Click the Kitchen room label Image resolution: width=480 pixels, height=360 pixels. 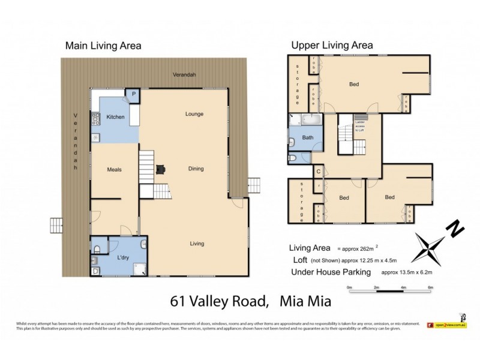[115, 117]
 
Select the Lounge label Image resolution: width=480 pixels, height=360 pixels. [194, 114]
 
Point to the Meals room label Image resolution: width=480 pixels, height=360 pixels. [115, 170]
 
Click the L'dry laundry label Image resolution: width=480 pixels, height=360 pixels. [122, 257]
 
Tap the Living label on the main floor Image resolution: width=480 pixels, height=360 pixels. [197, 244]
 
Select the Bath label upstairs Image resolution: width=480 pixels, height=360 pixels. [307, 138]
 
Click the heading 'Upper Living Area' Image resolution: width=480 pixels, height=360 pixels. [332, 45]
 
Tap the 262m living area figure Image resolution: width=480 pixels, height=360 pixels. [364, 248]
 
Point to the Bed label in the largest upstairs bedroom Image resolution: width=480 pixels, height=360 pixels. [354, 85]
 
